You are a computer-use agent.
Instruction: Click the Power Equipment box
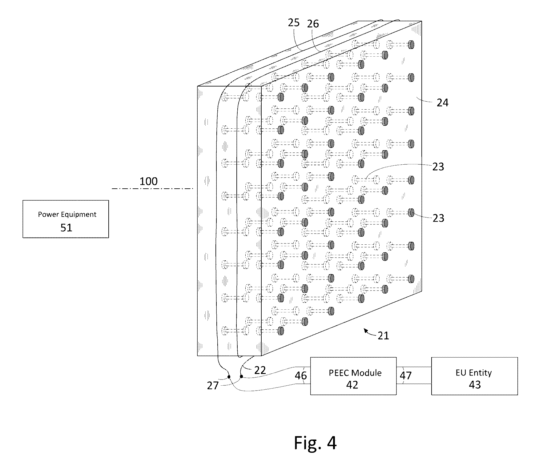pos(66,219)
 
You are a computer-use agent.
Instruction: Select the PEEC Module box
pos(353,376)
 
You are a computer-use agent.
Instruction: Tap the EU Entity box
pos(474,376)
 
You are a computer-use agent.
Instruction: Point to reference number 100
pos(149,181)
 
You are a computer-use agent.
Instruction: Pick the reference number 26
pos(313,24)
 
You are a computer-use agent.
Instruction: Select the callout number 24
pos(443,102)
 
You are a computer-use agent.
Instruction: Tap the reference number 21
pos(383,335)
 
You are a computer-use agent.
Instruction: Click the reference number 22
pos(260,370)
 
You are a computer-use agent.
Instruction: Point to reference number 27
pos(213,386)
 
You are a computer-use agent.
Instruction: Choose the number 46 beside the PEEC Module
pos(301,376)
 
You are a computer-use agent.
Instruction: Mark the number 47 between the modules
pos(406,376)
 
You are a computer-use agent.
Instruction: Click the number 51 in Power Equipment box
pos(66,228)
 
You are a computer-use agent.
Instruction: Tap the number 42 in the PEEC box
pos(352,385)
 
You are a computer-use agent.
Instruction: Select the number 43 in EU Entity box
pos(475,385)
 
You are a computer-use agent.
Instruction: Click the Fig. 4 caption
pos(315,443)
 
